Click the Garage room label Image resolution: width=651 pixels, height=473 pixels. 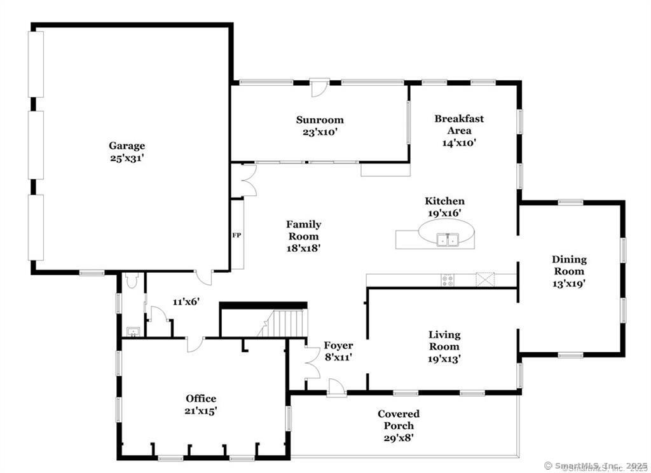click(x=127, y=146)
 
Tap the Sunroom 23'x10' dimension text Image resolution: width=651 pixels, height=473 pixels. click(x=320, y=132)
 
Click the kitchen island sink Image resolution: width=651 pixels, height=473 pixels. click(x=448, y=240)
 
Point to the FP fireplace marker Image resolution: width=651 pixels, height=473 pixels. click(x=236, y=235)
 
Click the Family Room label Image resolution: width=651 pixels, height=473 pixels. click(x=303, y=224)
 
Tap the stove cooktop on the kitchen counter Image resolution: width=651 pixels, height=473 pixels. click(x=448, y=280)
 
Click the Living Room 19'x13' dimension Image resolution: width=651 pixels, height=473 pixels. click(x=444, y=359)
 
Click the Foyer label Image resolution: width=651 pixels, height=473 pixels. click(x=338, y=346)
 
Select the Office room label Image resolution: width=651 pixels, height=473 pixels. click(x=201, y=399)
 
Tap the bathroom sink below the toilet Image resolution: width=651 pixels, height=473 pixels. click(x=133, y=331)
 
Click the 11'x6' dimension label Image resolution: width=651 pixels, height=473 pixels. click(x=186, y=301)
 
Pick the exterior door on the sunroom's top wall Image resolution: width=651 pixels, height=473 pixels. click(x=319, y=87)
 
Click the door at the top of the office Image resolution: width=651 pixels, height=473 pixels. click(x=194, y=344)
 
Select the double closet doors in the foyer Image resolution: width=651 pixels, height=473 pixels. click(x=312, y=364)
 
